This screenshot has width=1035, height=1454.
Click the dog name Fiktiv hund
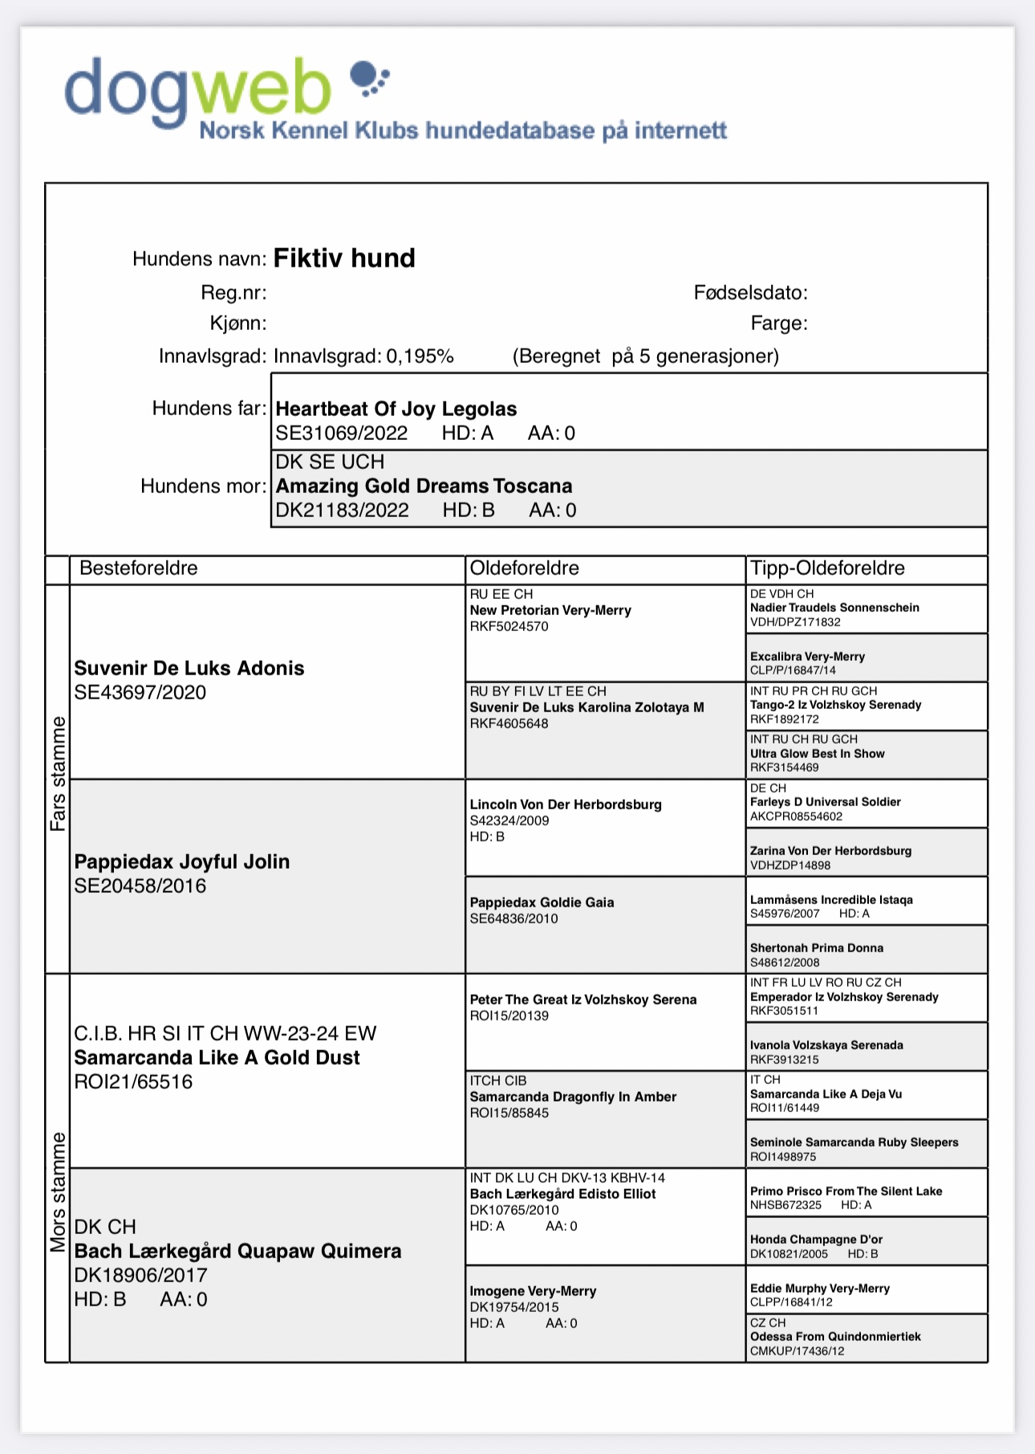[x=344, y=259]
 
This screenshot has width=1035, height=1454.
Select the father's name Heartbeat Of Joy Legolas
[x=396, y=409]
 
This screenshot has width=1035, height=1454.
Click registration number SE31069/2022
[x=342, y=434]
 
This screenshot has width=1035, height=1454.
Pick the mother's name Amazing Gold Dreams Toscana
[x=424, y=486]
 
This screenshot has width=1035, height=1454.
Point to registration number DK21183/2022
[x=342, y=511]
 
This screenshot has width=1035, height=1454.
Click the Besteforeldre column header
[x=138, y=568]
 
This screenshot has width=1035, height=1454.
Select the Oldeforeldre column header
[x=524, y=568]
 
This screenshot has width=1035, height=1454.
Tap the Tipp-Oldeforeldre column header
[x=827, y=568]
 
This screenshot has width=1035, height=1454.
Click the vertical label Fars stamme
[x=58, y=774]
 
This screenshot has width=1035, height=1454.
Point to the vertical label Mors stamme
[x=58, y=1191]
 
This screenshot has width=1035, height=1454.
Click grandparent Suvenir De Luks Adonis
[x=189, y=668]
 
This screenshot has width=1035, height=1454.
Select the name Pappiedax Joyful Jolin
[x=182, y=861]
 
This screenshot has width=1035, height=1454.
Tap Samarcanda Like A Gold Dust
[x=217, y=1057]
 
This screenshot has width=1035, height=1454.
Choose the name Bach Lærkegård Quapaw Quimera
[x=237, y=1251]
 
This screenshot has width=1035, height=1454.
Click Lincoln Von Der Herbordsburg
[x=566, y=804]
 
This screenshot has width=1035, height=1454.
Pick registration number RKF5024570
[x=509, y=627]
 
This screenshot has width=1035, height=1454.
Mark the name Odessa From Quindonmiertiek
[x=835, y=1337]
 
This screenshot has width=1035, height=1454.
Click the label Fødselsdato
[x=750, y=293]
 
